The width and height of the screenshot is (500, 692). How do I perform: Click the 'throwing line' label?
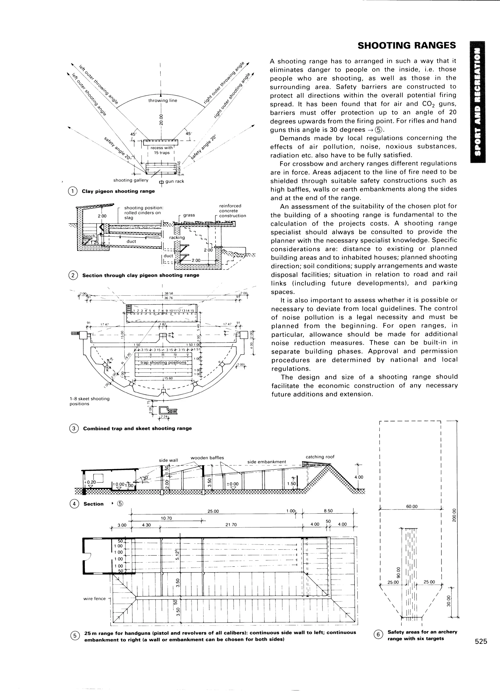tap(163, 100)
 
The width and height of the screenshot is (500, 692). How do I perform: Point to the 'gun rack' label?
tap(174, 181)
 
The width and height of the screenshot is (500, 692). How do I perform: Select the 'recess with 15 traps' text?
tap(162, 150)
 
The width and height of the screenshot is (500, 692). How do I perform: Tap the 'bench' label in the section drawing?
tap(90, 236)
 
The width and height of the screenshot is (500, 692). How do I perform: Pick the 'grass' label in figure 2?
tap(189, 215)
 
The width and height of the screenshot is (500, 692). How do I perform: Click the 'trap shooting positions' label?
tap(163, 362)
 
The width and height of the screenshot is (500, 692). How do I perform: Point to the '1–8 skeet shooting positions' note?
tap(89, 401)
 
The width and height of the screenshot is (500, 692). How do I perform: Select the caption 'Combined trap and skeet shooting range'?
tap(137, 428)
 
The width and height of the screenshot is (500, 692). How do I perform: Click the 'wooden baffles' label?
tap(207, 458)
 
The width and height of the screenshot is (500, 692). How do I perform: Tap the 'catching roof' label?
tap(320, 457)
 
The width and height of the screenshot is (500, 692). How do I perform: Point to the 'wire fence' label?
tap(94, 599)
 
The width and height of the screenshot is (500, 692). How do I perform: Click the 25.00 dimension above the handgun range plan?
tap(213, 511)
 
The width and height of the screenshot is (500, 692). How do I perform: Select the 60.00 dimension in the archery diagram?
tap(411, 506)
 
